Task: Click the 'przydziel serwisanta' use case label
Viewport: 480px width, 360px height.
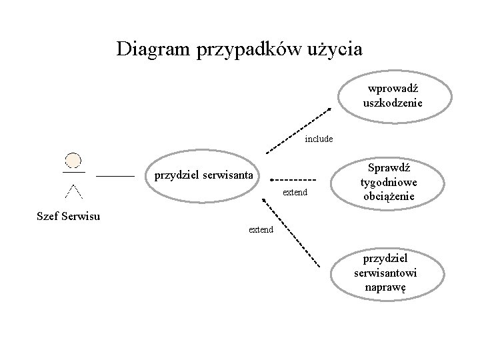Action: pyautogui.click(x=203, y=176)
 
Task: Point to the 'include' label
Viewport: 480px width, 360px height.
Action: pyautogui.click(x=319, y=139)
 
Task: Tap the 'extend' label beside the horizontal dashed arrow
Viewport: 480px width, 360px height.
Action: pyautogui.click(x=295, y=193)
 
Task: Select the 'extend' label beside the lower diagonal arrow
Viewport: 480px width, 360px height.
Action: pyautogui.click(x=261, y=230)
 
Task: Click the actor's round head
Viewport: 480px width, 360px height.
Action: pyautogui.click(x=73, y=160)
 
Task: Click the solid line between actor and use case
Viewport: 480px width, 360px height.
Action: pyautogui.click(x=115, y=176)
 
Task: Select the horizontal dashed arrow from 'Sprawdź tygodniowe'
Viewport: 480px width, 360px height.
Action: pyautogui.click(x=293, y=179)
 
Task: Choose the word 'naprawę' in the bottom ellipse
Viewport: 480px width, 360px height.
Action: pyautogui.click(x=385, y=287)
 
